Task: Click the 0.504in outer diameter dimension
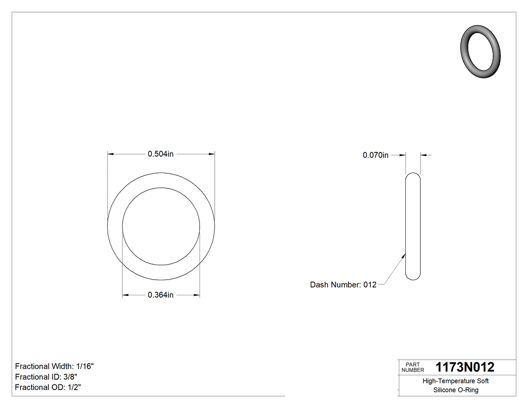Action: pyautogui.click(x=160, y=154)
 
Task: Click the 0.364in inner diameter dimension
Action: pyautogui.click(x=160, y=295)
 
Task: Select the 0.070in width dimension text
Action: pyautogui.click(x=376, y=155)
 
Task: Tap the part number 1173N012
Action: pyautogui.click(x=465, y=367)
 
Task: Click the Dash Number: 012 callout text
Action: pyautogui.click(x=343, y=285)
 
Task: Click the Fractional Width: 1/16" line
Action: pyautogui.click(x=54, y=366)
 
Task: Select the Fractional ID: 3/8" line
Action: pyautogui.click(x=46, y=377)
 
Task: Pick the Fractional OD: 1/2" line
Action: pyautogui.click(x=48, y=387)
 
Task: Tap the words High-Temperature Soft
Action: pyautogui.click(x=456, y=381)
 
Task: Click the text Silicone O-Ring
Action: pyautogui.click(x=456, y=390)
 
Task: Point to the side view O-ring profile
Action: pyautogui.click(x=413, y=226)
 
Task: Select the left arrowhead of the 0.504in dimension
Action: pyautogui.click(x=111, y=154)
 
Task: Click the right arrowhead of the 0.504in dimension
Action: pyautogui.click(x=212, y=154)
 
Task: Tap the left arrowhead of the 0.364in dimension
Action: pyautogui.click(x=126, y=295)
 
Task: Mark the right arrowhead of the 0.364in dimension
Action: pyautogui.click(x=197, y=295)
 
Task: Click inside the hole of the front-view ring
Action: pyautogui.click(x=161, y=226)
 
